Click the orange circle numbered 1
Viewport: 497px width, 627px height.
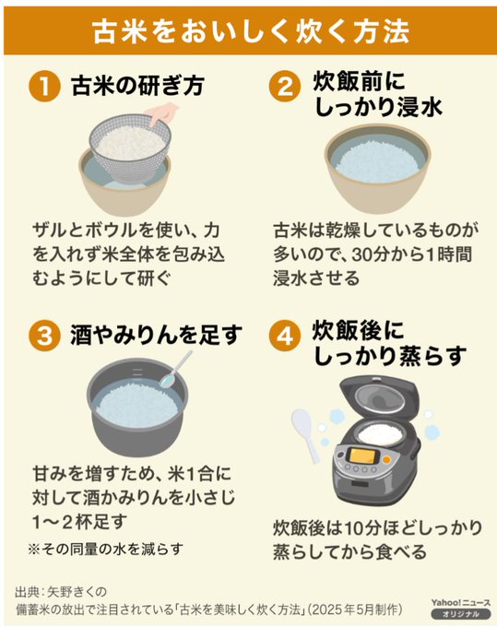pos(44,86)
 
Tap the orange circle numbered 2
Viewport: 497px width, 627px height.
pos(284,86)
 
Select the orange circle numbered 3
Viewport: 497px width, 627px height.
pos(44,336)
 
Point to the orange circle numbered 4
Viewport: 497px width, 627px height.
pos(284,336)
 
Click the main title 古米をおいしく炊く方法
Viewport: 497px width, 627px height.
pos(251,31)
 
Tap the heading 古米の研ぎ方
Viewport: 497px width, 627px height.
pos(138,86)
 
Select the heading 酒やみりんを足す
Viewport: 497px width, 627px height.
pos(157,335)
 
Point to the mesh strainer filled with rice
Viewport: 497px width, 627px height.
pos(129,148)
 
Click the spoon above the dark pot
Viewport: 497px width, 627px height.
pos(174,371)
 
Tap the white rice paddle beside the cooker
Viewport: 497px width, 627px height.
pos(305,435)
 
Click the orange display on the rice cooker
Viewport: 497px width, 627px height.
pos(361,455)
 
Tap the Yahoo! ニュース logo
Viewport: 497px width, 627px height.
pos(461,603)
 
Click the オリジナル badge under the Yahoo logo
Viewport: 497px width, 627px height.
pos(461,614)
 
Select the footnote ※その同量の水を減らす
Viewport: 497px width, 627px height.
pos(105,549)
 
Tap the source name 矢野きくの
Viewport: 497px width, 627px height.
pos(77,591)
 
